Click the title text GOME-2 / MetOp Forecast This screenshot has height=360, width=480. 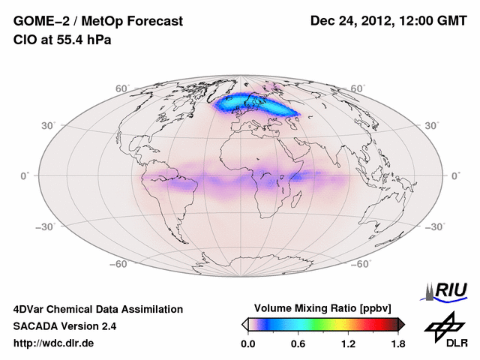(x=97, y=22)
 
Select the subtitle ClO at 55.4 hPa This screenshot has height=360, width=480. (x=62, y=40)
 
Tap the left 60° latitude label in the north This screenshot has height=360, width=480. (x=122, y=88)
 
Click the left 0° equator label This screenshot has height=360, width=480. (x=24, y=175)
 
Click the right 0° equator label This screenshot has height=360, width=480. (x=455, y=175)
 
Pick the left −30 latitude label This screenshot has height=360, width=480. (x=45, y=226)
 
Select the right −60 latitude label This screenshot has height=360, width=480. (x=362, y=264)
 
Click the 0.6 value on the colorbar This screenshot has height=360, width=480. (x=298, y=343)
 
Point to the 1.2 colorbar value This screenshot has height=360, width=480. (x=348, y=343)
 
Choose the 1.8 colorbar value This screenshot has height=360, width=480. (x=398, y=343)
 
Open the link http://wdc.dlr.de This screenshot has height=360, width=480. (x=54, y=343)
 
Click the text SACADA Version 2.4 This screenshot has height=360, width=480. (x=64, y=326)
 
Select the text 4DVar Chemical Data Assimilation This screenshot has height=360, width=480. (x=97, y=309)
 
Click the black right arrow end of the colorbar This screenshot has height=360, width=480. (x=402, y=324)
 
